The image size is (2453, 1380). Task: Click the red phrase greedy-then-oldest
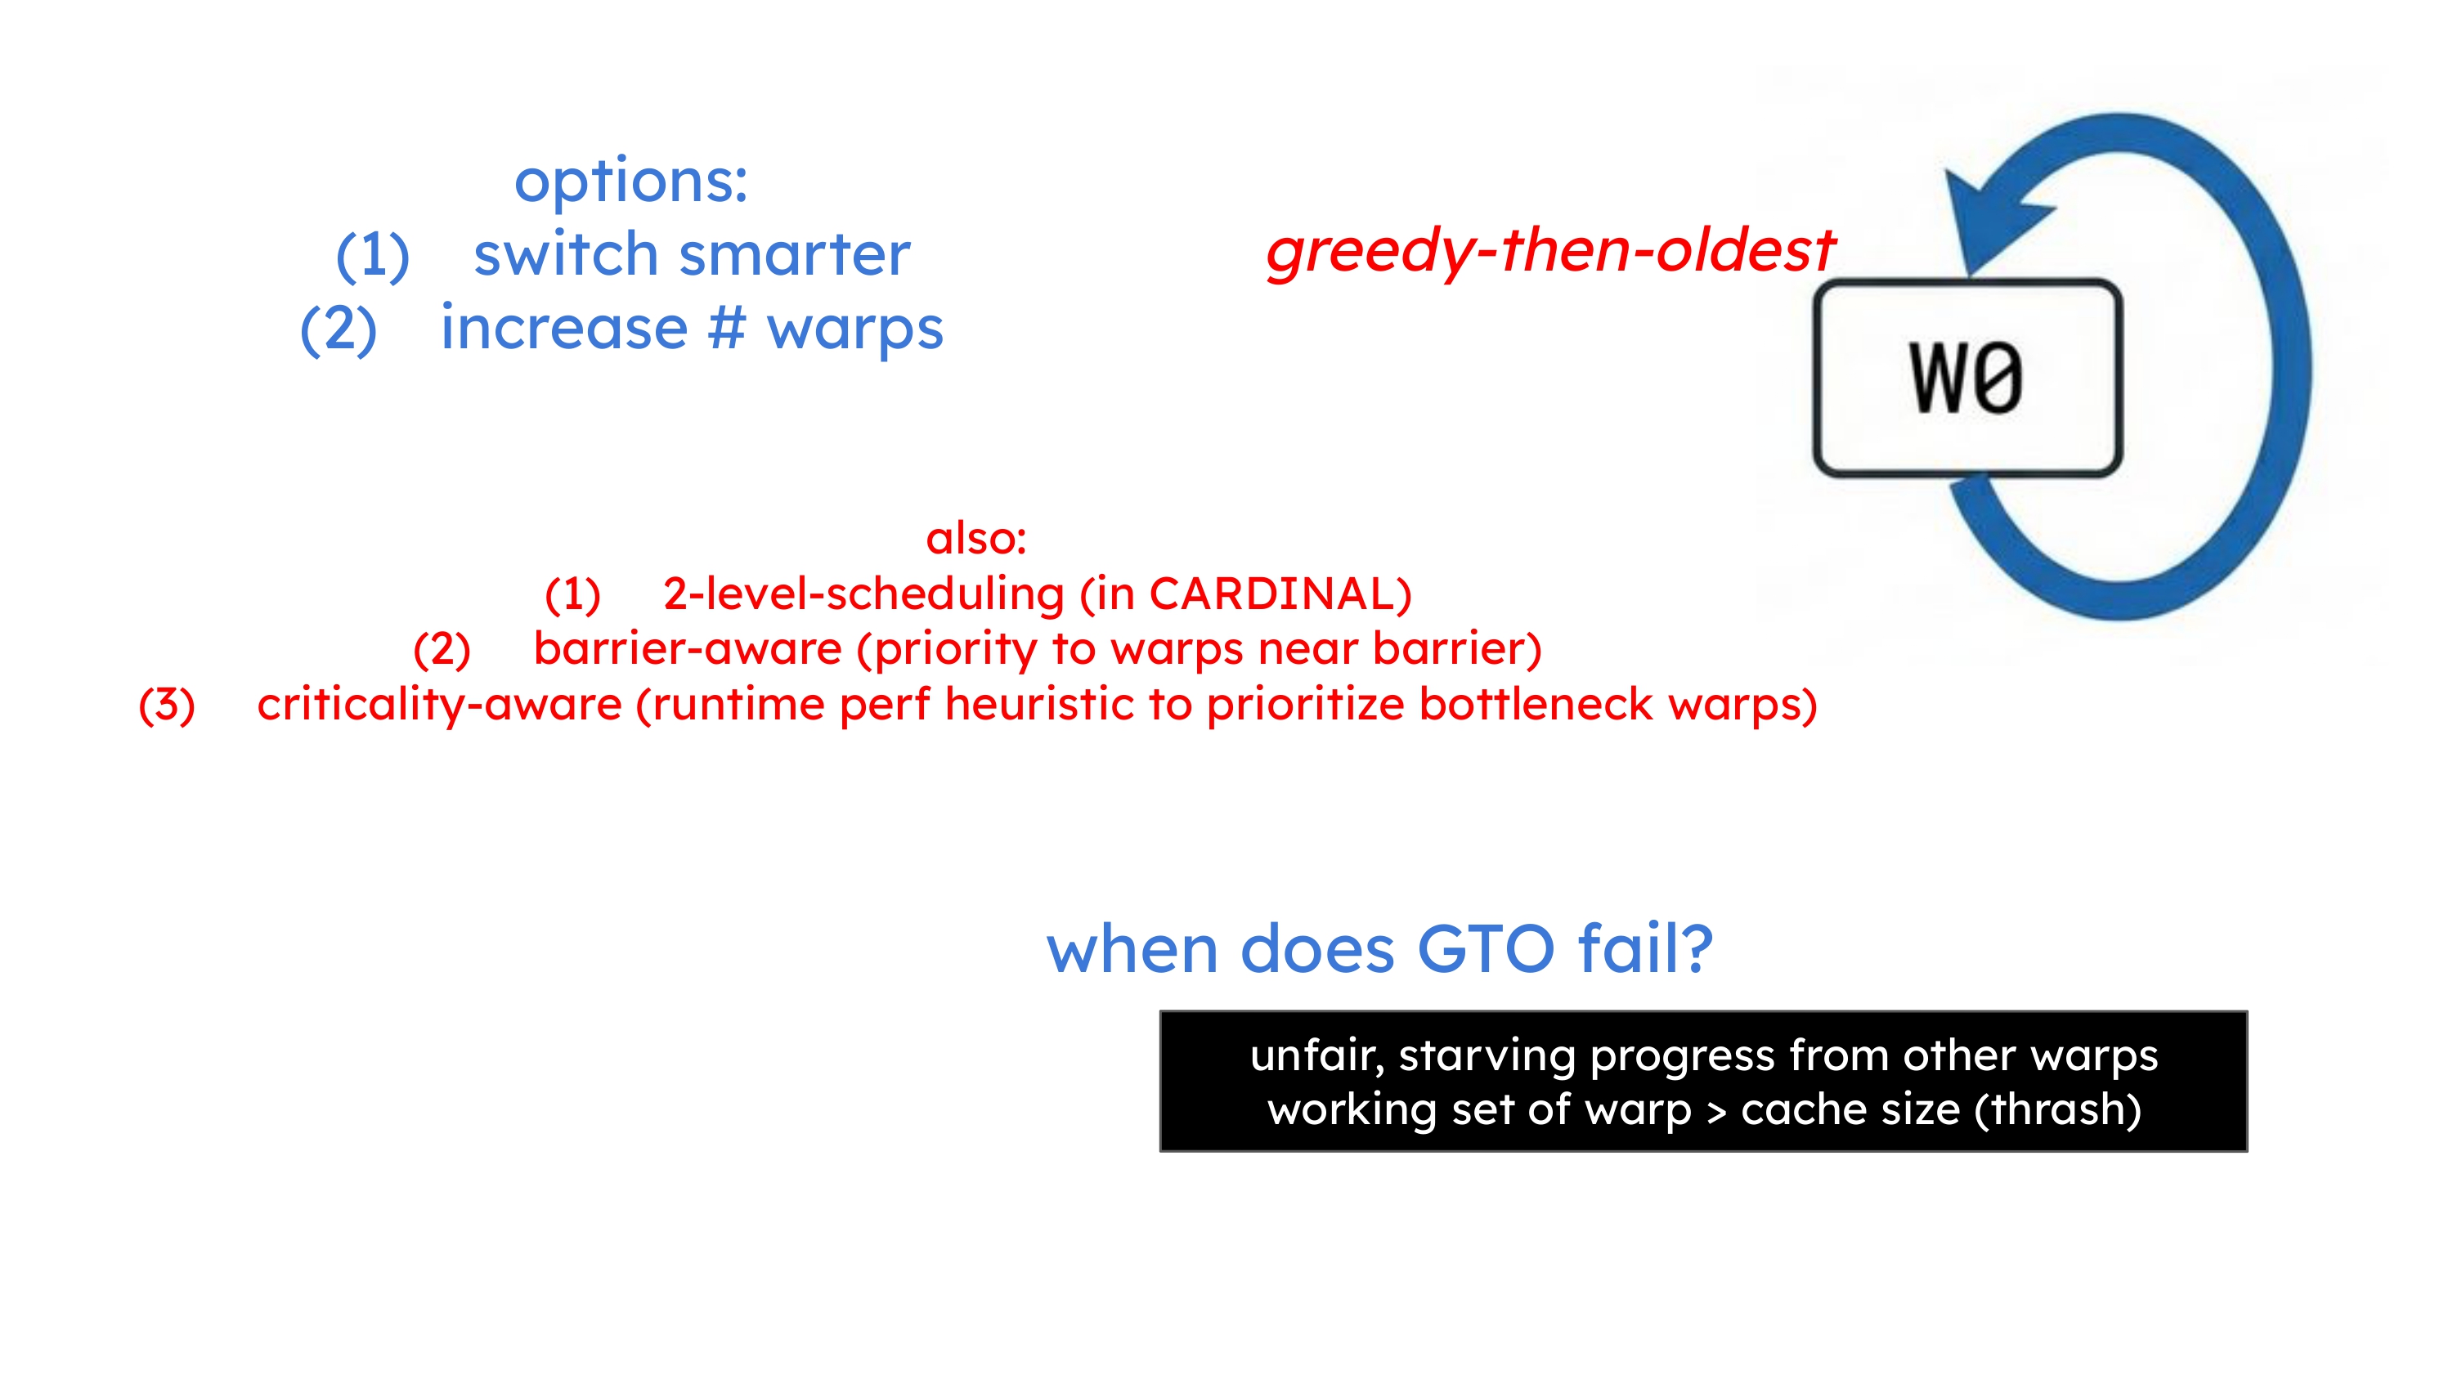coord(1550,252)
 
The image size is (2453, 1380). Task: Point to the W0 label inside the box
coord(1966,378)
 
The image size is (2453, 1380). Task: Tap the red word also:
coord(976,538)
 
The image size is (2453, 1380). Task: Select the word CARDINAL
coord(1272,594)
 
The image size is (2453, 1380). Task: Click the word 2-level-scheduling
coord(863,594)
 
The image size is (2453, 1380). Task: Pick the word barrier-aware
coord(688,648)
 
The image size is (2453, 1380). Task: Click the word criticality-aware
coord(439,705)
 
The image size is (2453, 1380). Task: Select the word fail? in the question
coord(1644,948)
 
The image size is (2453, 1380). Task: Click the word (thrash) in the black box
coord(2057,1109)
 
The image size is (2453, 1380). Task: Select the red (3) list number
coord(167,705)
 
